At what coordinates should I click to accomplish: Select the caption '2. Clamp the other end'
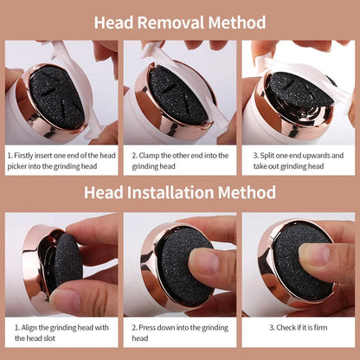point(180,162)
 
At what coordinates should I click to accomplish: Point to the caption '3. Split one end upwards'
point(299,162)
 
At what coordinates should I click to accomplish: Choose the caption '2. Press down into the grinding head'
point(180,334)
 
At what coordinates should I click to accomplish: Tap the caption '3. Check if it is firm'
point(299,328)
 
